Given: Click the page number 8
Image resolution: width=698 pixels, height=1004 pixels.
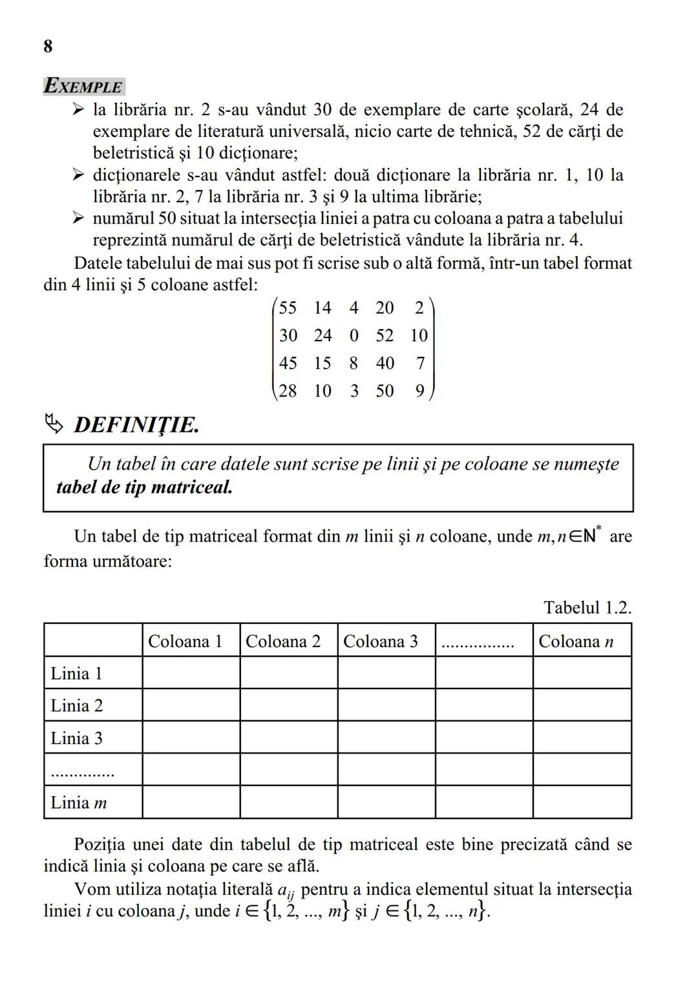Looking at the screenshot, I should (48, 47).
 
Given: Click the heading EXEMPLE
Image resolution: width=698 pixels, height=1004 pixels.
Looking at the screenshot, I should (83, 86).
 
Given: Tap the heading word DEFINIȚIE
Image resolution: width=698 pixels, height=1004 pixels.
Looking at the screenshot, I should (136, 425).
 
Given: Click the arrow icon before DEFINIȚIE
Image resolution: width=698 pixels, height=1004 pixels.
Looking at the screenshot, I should (54, 424).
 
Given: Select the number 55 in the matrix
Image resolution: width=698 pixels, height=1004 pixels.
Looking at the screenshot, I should (288, 308).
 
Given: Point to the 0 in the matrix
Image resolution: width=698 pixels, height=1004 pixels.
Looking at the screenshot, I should (354, 336).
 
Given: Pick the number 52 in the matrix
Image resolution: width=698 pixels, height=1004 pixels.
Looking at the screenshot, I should (385, 336).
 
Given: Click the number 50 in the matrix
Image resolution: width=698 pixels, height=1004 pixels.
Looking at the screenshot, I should (385, 391).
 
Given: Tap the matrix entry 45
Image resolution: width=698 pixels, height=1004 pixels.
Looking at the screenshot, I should (288, 363).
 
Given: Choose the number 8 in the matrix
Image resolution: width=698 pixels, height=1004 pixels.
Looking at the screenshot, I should (354, 363).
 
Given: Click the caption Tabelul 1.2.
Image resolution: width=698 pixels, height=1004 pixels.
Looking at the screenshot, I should (587, 608).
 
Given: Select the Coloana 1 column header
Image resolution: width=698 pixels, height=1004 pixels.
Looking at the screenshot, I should (185, 641).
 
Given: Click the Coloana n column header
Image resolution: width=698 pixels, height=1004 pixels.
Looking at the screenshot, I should (575, 641).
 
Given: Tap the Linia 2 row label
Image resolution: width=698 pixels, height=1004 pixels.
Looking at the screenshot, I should (77, 705).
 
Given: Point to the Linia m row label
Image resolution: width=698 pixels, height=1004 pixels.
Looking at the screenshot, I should (79, 802).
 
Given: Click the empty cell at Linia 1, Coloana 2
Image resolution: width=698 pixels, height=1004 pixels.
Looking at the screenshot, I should (288, 673).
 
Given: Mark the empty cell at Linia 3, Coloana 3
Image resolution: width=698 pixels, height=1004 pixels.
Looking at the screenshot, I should (386, 738).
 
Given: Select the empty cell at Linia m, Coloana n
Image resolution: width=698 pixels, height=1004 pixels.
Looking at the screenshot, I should (582, 802).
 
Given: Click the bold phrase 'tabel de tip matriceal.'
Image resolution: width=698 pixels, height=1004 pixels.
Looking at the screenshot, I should (144, 487).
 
